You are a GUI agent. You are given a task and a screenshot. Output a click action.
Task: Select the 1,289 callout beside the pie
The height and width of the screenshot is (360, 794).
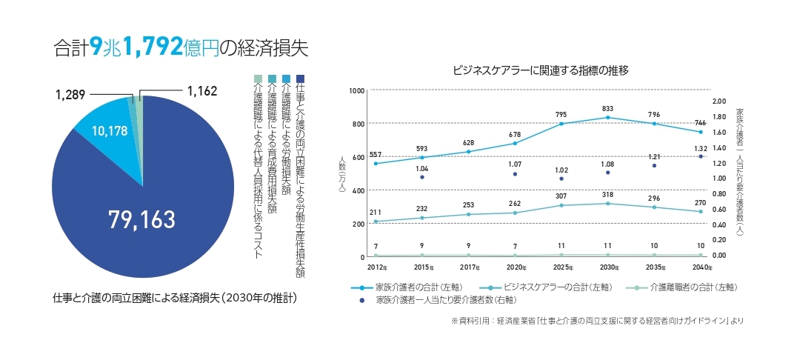(71, 95)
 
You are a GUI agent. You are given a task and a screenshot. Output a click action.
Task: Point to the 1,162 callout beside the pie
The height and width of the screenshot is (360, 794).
(202, 92)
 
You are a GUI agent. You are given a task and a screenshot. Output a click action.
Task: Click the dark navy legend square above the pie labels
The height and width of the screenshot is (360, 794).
(300, 79)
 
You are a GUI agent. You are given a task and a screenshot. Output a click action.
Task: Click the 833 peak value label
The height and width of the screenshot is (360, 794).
(608, 108)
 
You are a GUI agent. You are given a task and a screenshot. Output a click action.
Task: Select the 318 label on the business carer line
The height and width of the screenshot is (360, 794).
(608, 194)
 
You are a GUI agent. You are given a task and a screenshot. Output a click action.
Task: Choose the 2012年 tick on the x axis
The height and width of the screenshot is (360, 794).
(378, 266)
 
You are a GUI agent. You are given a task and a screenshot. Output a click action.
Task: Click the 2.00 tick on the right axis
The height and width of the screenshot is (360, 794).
(719, 101)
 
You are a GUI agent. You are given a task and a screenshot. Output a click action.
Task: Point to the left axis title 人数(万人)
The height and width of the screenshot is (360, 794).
(341, 174)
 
